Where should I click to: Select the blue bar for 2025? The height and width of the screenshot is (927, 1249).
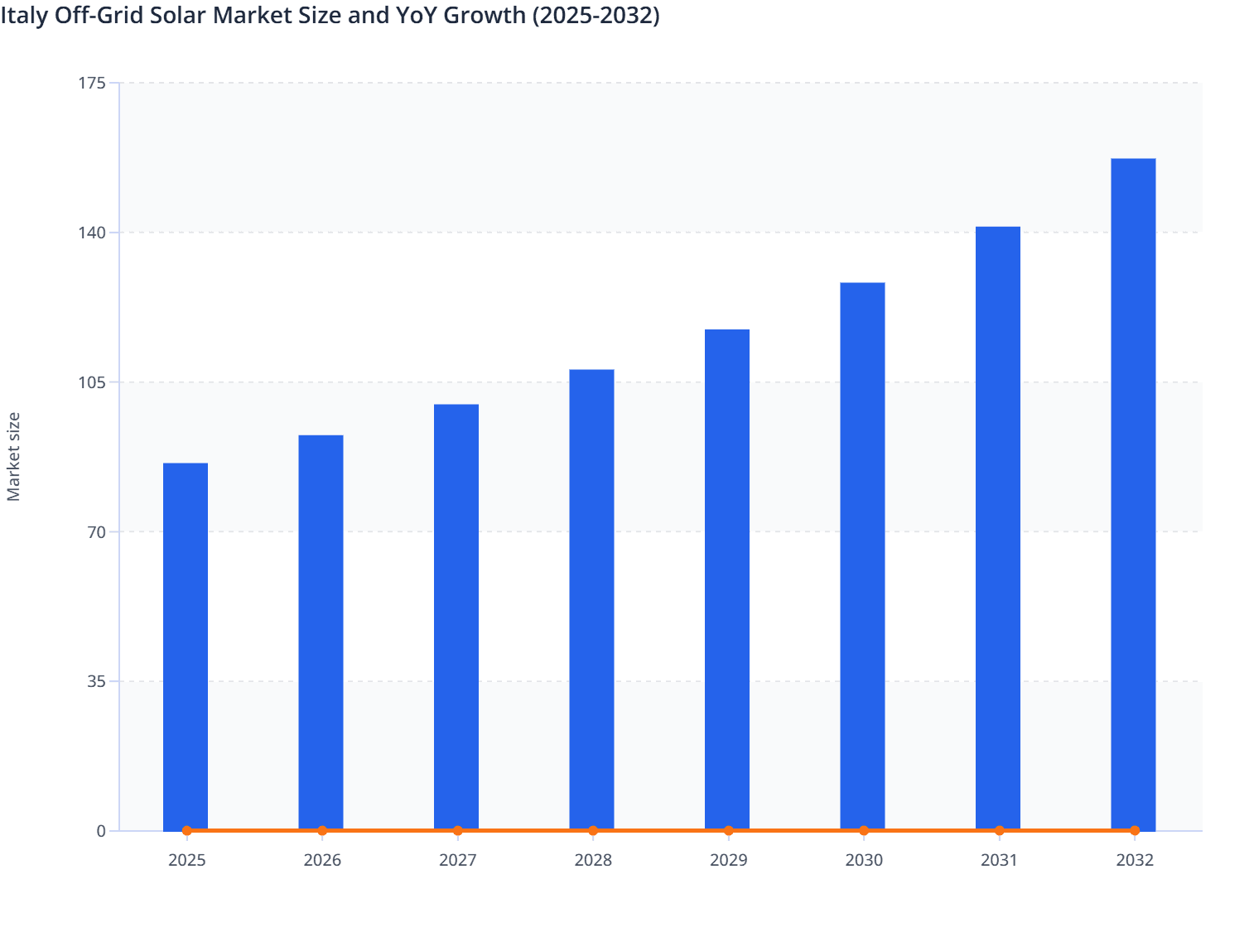(x=186, y=646)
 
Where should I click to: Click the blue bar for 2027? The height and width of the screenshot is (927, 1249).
(x=456, y=617)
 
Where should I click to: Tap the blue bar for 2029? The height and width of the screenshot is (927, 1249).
(x=727, y=579)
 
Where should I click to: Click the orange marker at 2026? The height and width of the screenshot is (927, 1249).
(x=322, y=830)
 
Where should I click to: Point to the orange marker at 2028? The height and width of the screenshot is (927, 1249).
(x=593, y=830)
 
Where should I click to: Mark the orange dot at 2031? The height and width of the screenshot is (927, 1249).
(x=999, y=830)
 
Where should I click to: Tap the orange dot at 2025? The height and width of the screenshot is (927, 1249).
(x=187, y=830)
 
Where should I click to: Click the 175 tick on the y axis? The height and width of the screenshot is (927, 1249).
(x=94, y=83)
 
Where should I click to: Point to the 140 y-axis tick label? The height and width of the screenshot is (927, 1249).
(x=94, y=233)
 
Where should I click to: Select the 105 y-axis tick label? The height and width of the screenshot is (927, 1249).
(x=94, y=382)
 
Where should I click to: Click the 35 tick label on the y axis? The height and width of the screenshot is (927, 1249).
(x=97, y=681)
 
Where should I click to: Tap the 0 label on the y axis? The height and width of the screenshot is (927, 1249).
(x=101, y=831)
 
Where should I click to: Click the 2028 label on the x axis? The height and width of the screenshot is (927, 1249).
(x=593, y=860)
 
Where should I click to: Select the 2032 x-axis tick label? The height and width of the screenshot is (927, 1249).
(x=1134, y=860)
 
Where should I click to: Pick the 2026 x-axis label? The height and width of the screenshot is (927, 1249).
(x=322, y=860)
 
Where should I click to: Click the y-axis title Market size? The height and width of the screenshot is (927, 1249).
(x=14, y=456)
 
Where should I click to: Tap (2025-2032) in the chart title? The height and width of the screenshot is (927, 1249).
(x=596, y=16)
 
